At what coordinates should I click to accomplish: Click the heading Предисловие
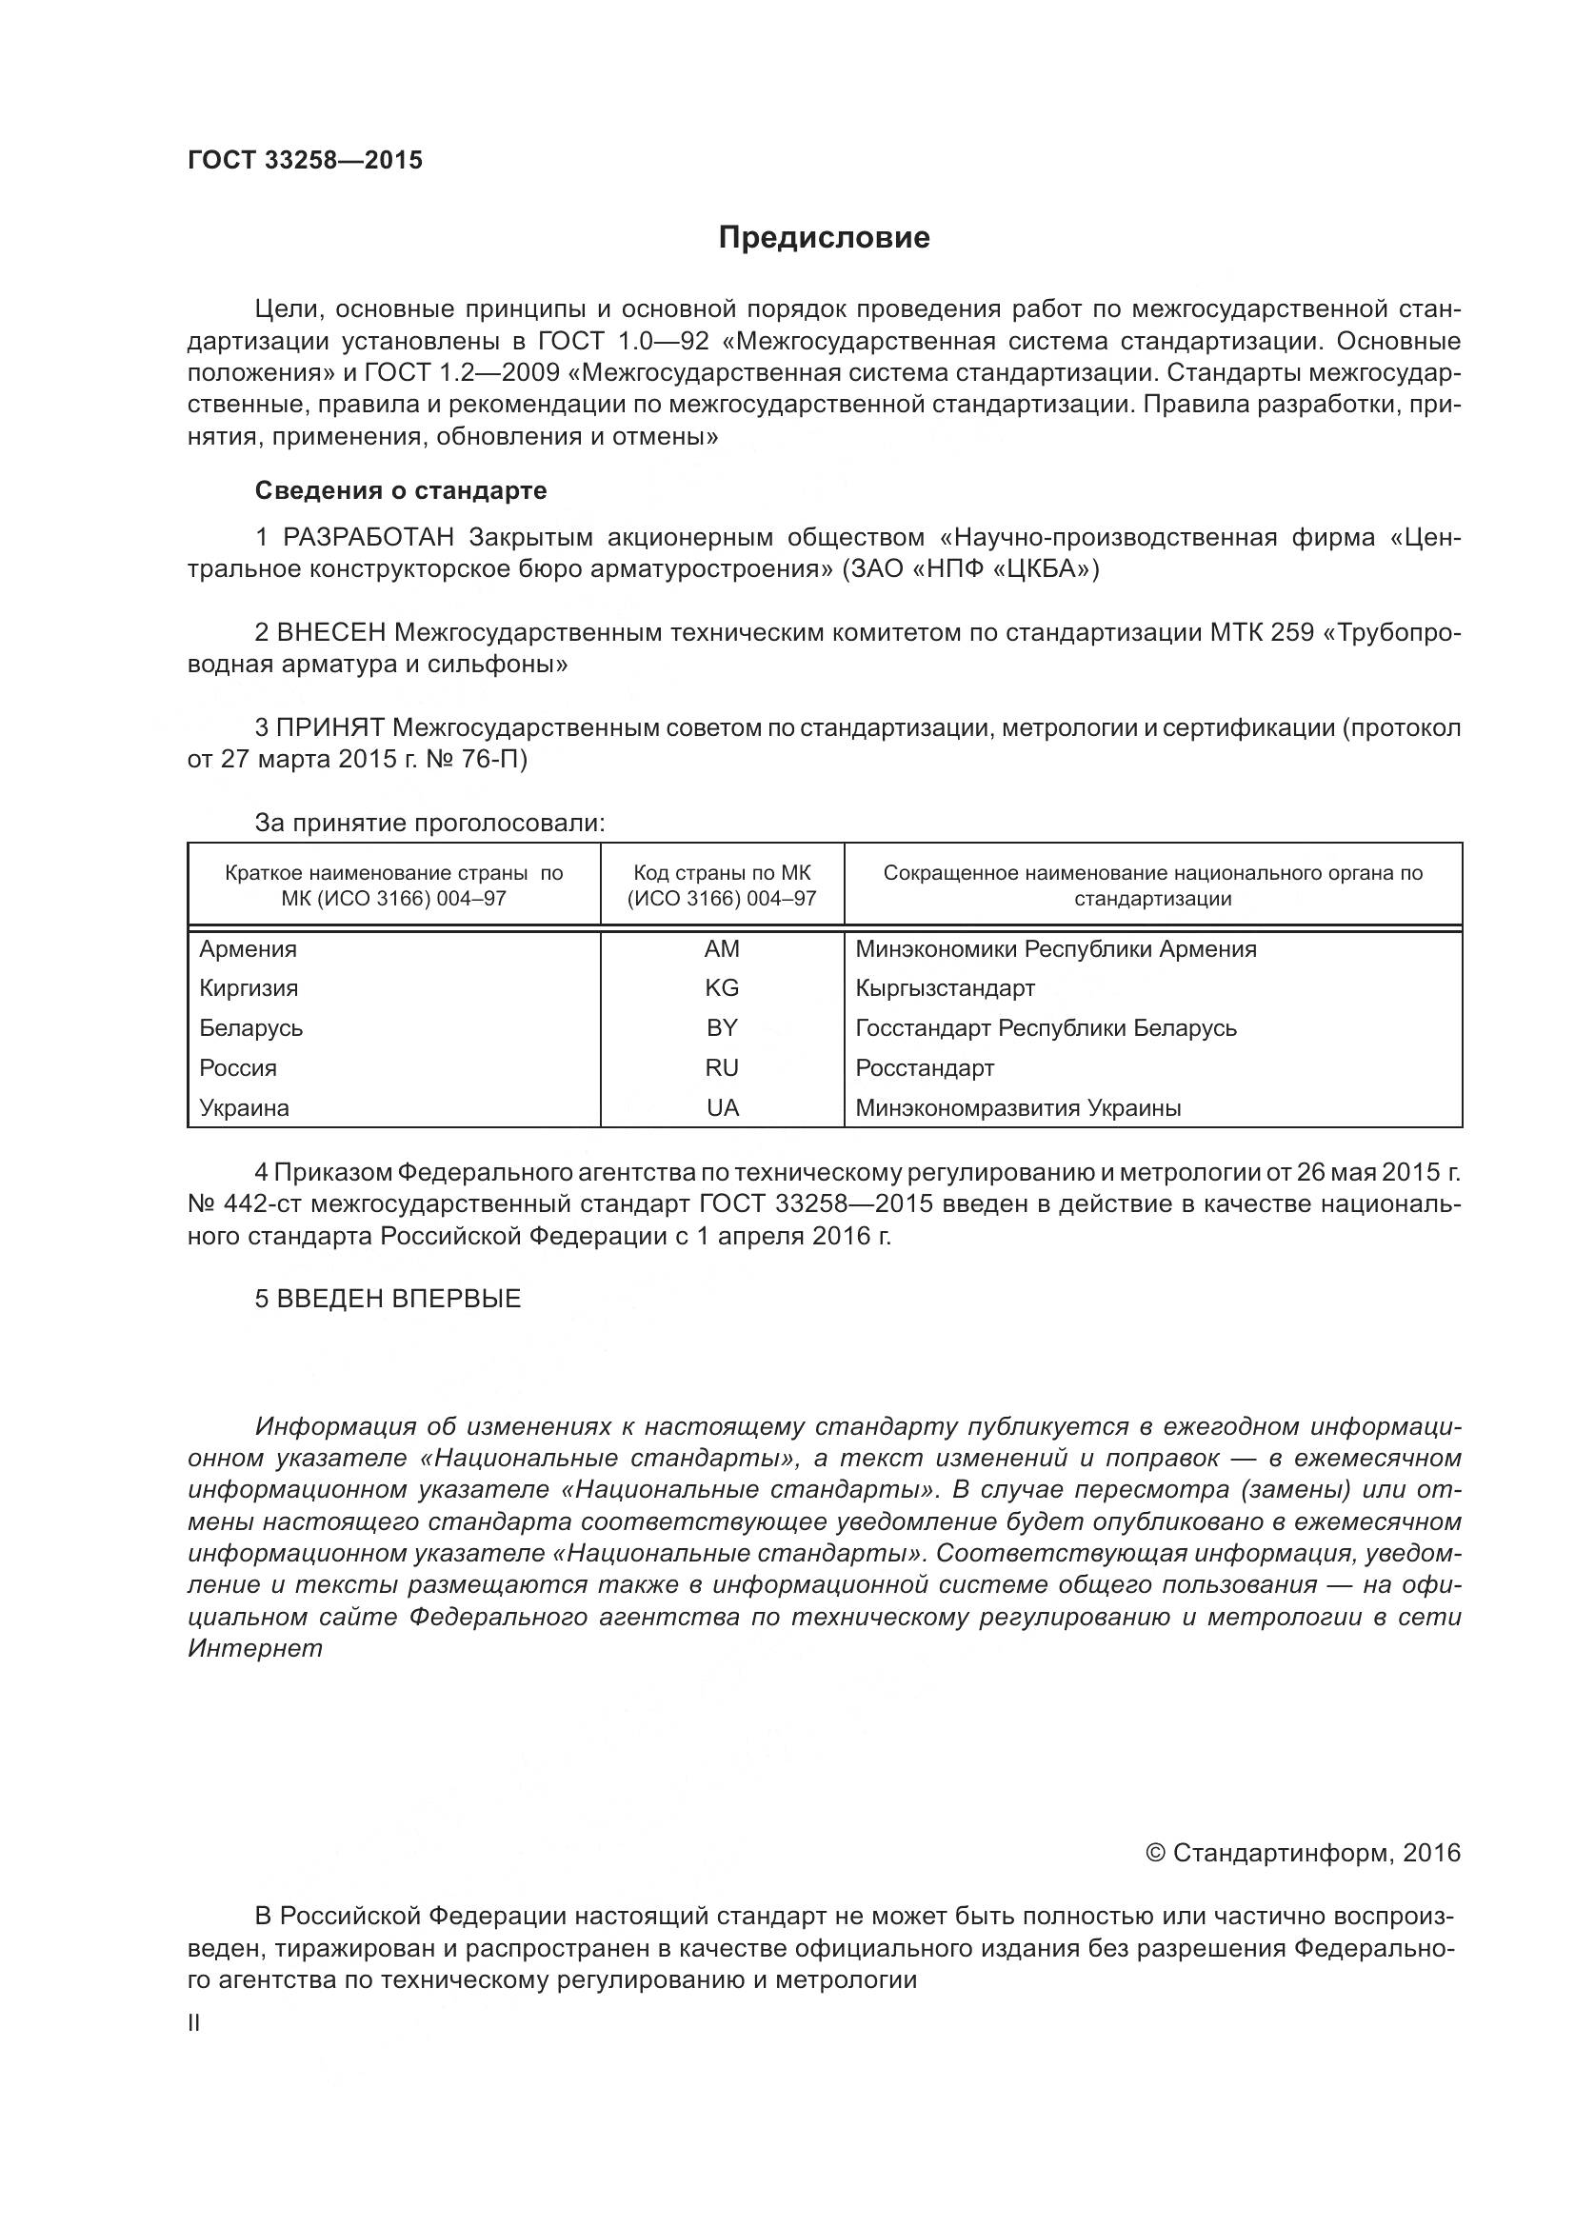[x=824, y=238]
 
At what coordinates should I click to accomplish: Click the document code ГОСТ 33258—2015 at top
[x=305, y=161]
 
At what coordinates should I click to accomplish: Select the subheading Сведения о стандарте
[x=401, y=490]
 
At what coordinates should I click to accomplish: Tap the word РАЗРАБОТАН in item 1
[x=368, y=537]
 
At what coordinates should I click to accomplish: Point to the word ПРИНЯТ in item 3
[x=330, y=727]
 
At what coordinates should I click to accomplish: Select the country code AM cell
[x=722, y=948]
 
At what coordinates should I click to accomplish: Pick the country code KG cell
[x=722, y=988]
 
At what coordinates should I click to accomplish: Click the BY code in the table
[x=722, y=1027]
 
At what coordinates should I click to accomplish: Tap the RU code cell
[x=722, y=1068]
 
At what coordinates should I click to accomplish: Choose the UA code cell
[x=722, y=1107]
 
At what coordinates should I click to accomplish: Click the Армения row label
[x=249, y=948]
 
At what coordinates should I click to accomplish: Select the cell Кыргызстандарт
[x=945, y=988]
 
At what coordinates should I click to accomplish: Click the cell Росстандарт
[x=925, y=1068]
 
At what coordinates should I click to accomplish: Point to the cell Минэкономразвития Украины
[x=1017, y=1107]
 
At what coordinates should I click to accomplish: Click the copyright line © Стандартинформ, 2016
[x=1303, y=1854]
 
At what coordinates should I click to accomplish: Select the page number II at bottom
[x=194, y=2023]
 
